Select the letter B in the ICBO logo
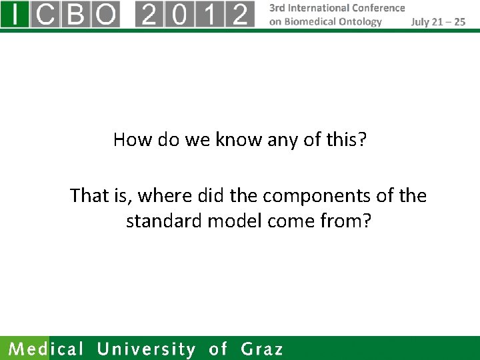click(75, 14)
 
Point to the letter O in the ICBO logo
click(105, 14)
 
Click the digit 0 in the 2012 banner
click(180, 14)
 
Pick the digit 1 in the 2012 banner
click(210, 14)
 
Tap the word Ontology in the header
click(361, 21)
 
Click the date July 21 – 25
click(438, 21)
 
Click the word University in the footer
click(147, 349)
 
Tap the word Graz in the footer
click(262, 349)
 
